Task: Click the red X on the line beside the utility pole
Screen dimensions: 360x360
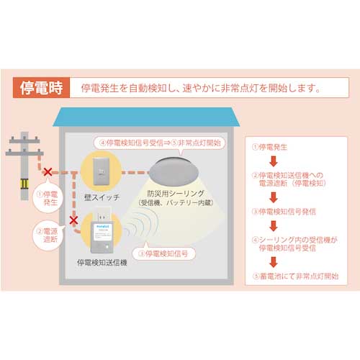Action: click(x=48, y=173)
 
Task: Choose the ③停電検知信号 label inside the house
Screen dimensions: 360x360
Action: click(x=173, y=253)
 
